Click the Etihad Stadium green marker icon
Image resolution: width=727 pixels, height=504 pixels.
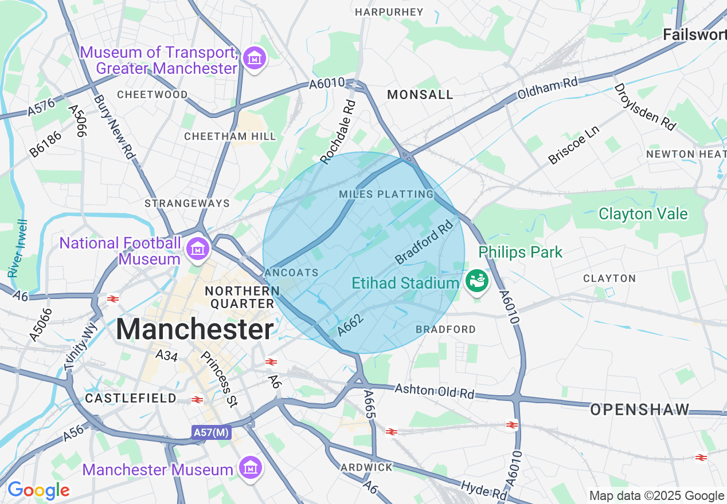coord(476,281)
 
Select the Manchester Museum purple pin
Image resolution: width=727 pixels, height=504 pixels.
coord(251,468)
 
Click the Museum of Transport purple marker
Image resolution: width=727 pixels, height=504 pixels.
coord(254,58)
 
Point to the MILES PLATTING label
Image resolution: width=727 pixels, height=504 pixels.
coord(386,195)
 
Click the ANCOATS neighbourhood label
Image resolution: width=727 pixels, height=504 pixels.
coord(291,273)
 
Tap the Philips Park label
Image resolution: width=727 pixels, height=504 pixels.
coord(521,252)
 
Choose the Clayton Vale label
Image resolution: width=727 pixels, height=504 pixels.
coord(643,214)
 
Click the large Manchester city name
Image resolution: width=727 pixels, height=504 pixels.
coord(195,330)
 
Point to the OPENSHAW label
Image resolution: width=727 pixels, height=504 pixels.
coord(639,409)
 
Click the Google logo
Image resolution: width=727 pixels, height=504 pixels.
coord(38,490)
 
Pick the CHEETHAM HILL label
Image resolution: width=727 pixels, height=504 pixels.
coord(230,136)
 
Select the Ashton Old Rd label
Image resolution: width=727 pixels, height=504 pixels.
coord(435,392)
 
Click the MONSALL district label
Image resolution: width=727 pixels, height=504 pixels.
coord(420,95)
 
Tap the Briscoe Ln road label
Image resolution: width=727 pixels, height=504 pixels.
coord(573,145)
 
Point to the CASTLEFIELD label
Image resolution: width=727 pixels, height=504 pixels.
coord(131,398)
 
